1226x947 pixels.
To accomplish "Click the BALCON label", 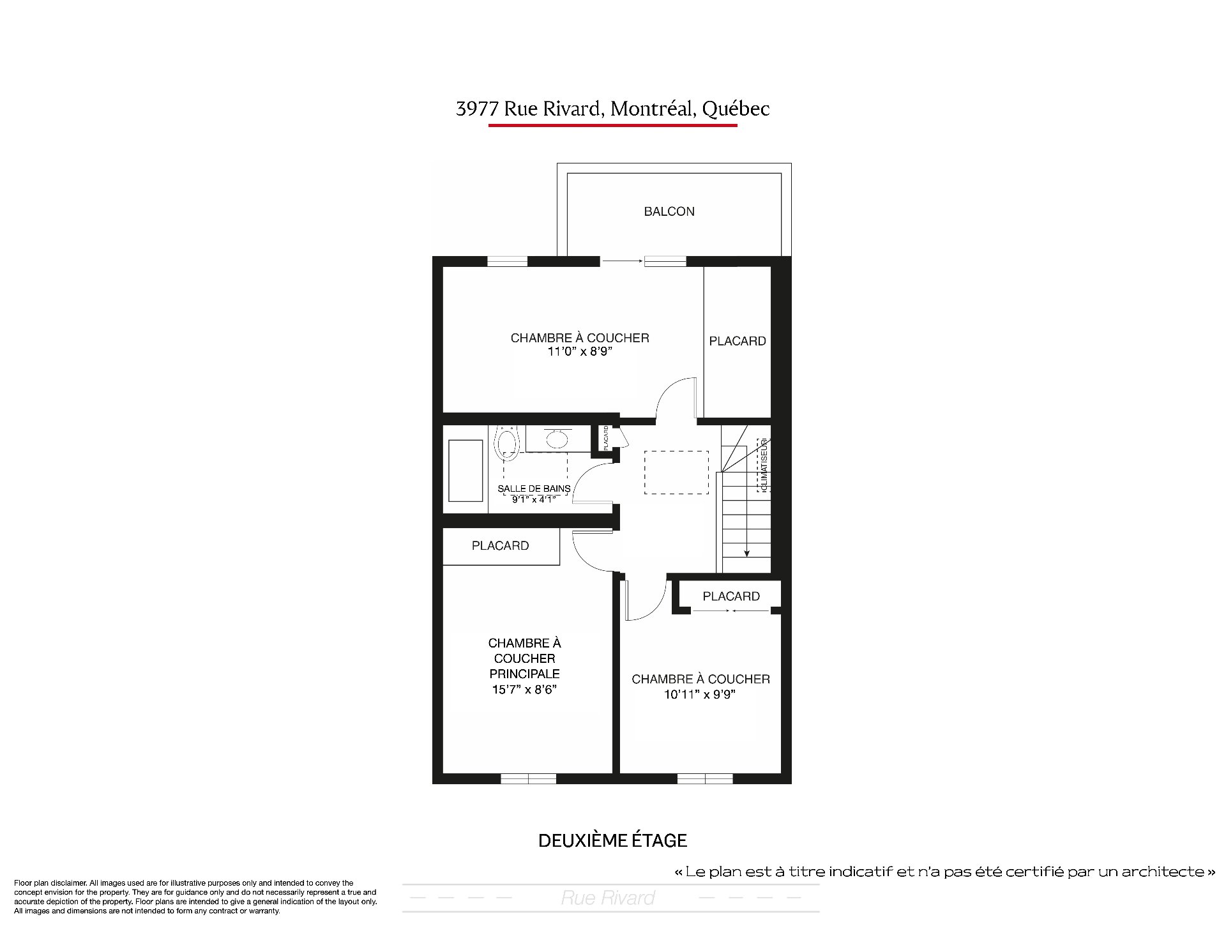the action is [x=669, y=211].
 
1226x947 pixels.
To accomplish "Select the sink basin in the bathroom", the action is [x=556, y=439].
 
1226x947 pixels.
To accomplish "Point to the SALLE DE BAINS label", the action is [x=534, y=489].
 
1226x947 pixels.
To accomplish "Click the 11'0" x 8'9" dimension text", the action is [x=580, y=351].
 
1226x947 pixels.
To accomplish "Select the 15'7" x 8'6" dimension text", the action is [x=524, y=689].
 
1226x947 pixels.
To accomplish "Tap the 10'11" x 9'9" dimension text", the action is [x=700, y=694].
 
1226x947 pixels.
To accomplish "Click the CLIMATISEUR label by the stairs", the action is [x=764, y=465].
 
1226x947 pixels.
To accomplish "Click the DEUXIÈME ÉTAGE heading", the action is [x=613, y=840].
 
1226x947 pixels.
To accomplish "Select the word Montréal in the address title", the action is [x=651, y=109].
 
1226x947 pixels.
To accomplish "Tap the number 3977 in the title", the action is [x=477, y=109].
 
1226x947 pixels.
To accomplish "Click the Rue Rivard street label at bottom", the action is [x=608, y=898].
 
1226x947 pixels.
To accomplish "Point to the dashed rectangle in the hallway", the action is [x=676, y=473].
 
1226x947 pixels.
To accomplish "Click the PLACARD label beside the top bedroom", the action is [x=738, y=341].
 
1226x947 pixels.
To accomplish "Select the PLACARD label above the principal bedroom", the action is [x=500, y=545].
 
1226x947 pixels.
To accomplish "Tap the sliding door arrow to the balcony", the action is [x=623, y=261].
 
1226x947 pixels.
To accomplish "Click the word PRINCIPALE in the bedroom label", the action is [x=524, y=674].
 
